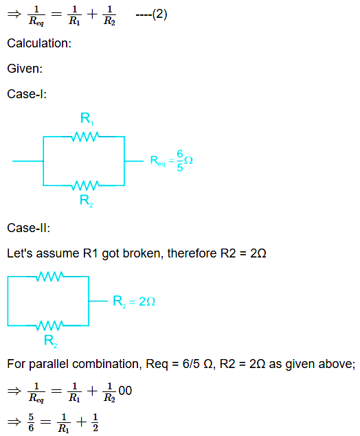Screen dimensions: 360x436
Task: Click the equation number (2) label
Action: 159,14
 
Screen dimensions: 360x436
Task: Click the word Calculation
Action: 38,43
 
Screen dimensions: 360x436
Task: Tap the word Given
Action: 23,69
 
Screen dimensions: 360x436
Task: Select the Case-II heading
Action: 27,228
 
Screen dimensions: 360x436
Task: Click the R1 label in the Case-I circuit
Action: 87,119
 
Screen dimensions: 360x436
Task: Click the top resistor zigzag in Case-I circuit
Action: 85,137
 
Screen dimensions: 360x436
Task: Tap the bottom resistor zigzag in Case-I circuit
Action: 85,185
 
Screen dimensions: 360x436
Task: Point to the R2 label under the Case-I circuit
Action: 87,200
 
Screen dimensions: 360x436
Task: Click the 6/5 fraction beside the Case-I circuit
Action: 180,161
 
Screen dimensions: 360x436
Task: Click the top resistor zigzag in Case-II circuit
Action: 49,277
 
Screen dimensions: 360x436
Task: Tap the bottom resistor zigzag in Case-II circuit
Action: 49,325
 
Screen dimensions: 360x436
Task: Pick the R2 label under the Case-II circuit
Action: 51,341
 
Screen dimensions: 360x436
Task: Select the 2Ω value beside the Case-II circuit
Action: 147,301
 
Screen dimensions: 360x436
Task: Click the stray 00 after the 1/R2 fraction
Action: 125,391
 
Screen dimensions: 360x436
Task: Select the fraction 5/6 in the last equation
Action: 31,422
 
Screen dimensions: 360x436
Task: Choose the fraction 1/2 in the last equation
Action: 95,422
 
